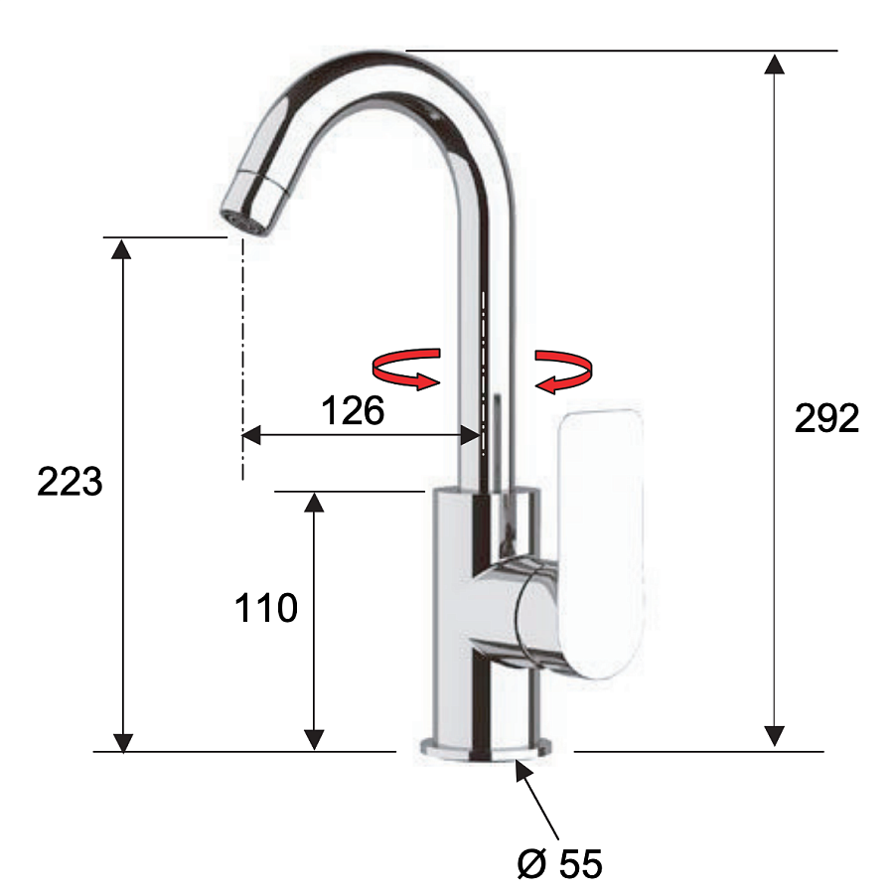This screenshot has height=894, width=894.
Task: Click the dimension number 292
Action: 826,418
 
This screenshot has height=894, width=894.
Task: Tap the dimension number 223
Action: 70,481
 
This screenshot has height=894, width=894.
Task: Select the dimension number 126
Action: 353,410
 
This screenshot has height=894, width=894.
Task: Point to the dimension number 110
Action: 266,607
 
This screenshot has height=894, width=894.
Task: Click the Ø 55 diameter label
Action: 559,863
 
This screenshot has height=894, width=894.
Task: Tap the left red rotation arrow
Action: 406,369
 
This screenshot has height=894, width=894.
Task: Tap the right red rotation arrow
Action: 563,372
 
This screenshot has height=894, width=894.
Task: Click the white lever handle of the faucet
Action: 602,543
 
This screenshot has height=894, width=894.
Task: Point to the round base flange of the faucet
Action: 486,749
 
